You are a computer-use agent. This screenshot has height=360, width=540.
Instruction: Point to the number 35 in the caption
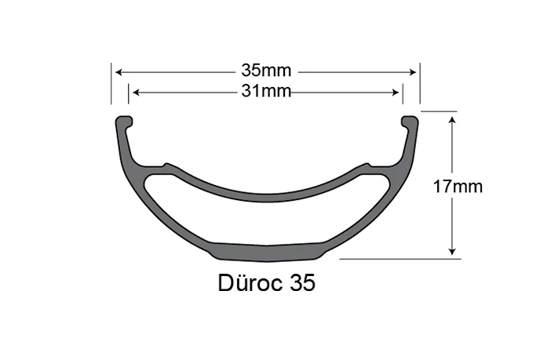pos(302,283)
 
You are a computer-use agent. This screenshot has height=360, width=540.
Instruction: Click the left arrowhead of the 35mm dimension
pos(119,71)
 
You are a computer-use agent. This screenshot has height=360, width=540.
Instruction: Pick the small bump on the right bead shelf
pos(366,165)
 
